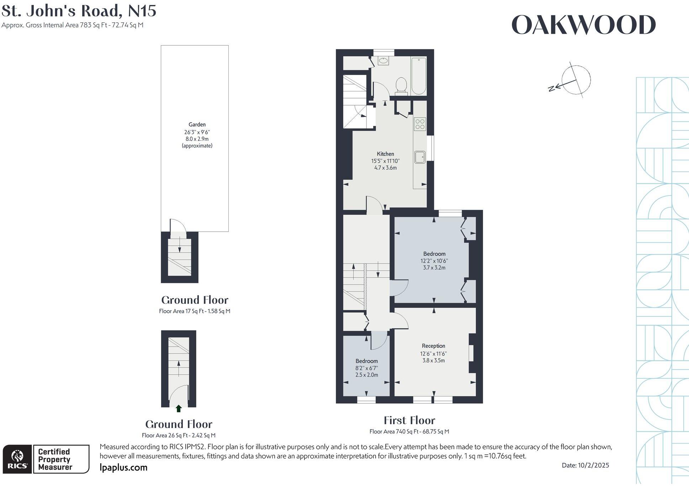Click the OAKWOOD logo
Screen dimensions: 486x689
pos(583,25)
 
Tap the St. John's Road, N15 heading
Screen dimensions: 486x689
pos(79,11)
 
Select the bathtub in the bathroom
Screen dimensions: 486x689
pos(419,76)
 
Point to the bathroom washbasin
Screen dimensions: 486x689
pos(383,61)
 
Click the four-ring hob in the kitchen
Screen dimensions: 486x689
pos(420,124)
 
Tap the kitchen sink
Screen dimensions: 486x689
pos(420,157)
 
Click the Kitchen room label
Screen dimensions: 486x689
pos(385,154)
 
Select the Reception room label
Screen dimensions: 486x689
pos(433,346)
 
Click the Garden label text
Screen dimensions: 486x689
pos(197,124)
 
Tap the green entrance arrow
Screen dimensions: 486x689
pos(179,409)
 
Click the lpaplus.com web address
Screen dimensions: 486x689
pos(123,468)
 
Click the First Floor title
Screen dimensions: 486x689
pos(409,421)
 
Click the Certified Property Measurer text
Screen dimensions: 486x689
pos(54,459)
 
